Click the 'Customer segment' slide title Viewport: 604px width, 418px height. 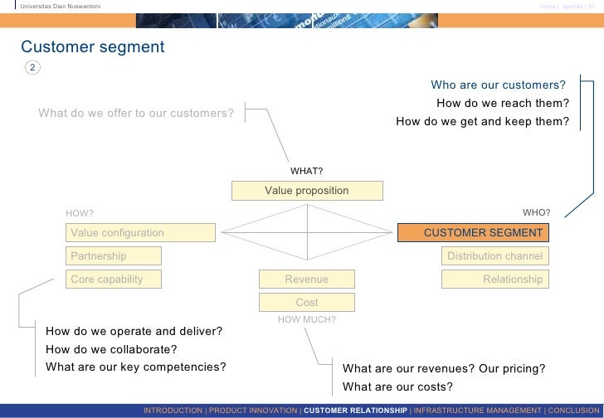click(x=93, y=47)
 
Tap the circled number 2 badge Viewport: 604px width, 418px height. click(x=32, y=67)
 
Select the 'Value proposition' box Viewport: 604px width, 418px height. click(x=307, y=191)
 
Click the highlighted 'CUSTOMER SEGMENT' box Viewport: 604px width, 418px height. click(x=472, y=233)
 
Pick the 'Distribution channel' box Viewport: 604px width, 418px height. click(x=494, y=256)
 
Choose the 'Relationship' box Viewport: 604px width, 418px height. click(x=494, y=279)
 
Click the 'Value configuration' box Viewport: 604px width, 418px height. click(x=140, y=233)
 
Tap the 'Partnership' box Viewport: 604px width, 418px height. click(x=140, y=256)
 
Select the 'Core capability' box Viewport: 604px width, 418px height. click(x=140, y=279)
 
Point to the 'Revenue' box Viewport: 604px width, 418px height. click(x=307, y=279)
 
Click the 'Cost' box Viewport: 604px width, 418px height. click(x=307, y=303)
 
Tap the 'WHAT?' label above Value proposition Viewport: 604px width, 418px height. click(x=306, y=172)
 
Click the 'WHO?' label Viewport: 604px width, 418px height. click(x=536, y=213)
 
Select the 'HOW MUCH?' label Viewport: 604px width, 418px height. click(x=306, y=318)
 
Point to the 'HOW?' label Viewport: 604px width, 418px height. click(x=80, y=214)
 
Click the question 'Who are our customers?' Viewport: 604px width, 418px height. click(x=498, y=85)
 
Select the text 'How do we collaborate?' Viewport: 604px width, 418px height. click(x=111, y=349)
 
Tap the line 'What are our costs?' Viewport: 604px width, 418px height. click(x=397, y=386)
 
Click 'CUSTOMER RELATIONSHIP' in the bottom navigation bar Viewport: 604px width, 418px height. click(x=355, y=411)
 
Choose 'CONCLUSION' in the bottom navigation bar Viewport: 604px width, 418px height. click(x=572, y=411)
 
